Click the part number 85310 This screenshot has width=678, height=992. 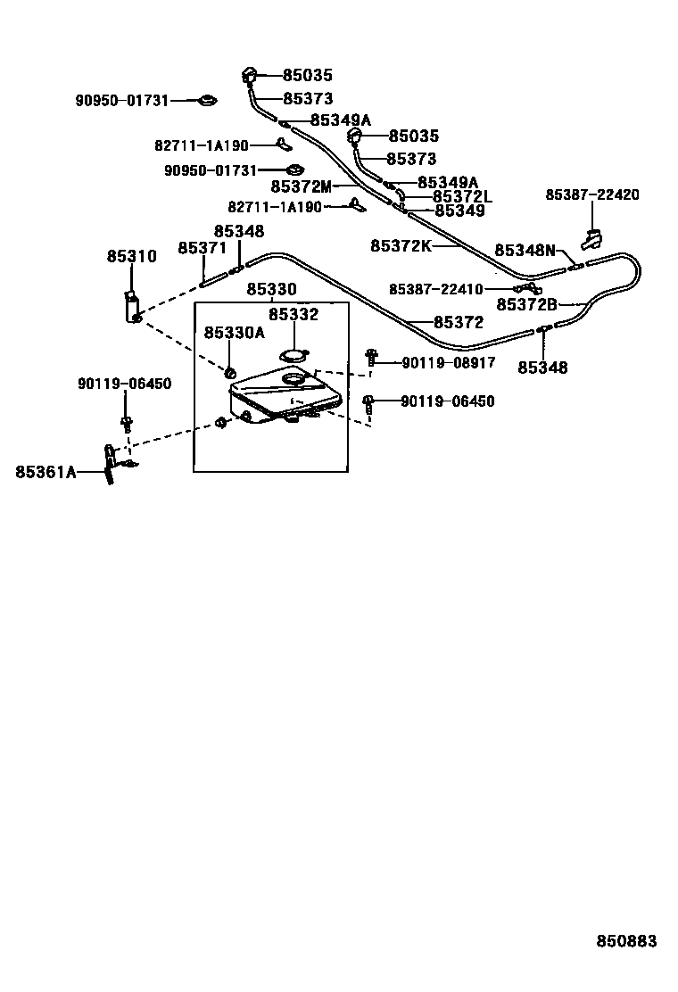[131, 257]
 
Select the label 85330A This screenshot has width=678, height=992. [234, 333]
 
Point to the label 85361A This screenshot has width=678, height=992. [45, 472]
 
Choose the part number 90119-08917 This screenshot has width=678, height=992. [448, 362]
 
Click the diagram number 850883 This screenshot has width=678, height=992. [626, 942]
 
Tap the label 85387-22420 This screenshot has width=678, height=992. [592, 194]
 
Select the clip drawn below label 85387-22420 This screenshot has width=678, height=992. [591, 239]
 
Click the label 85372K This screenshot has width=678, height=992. [401, 244]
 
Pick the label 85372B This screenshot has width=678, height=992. [526, 304]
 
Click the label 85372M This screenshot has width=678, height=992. [301, 186]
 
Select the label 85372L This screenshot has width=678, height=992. [462, 196]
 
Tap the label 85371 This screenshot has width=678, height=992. [203, 248]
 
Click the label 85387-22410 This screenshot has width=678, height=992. [436, 288]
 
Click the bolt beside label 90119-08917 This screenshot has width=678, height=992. [372, 360]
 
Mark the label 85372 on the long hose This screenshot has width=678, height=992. [459, 322]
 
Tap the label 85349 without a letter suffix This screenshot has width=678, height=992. [459, 211]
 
